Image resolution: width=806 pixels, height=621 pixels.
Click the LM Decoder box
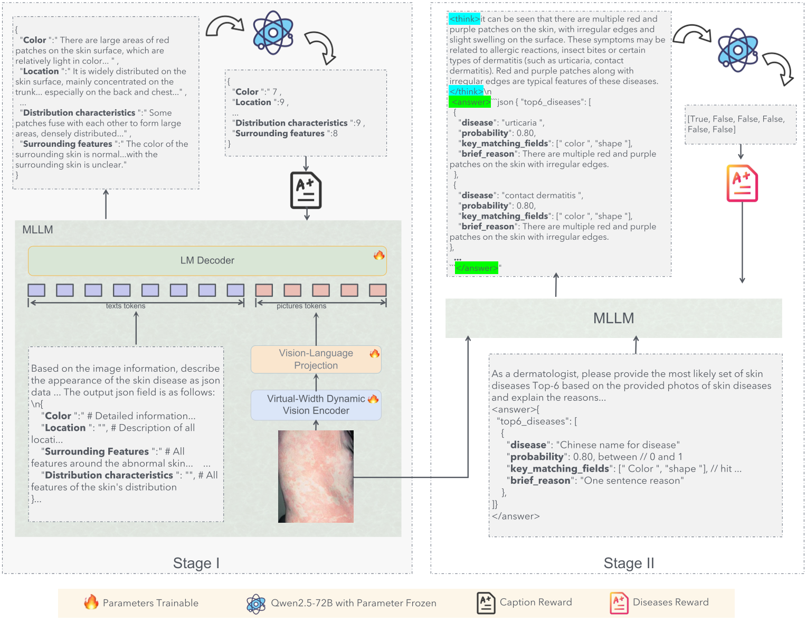click(207, 260)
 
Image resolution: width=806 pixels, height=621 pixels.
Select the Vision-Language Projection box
click(316, 359)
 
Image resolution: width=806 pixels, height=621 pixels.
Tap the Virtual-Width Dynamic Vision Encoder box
click(316, 404)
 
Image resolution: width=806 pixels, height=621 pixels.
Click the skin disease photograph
click(316, 476)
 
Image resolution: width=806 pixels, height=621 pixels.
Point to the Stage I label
click(196, 563)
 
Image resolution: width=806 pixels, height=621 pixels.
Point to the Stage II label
click(629, 563)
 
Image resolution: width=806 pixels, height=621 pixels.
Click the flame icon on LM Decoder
click(379, 255)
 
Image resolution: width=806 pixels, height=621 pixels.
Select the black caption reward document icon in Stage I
click(306, 190)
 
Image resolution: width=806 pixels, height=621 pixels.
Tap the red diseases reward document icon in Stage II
click(742, 183)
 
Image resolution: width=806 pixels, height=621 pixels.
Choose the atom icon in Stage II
click(738, 50)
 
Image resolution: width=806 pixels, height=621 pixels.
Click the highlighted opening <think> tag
click(464, 19)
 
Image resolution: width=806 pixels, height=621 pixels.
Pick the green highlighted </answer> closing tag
click(477, 268)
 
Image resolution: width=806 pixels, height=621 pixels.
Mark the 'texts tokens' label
click(126, 306)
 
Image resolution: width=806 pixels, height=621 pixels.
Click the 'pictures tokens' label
click(301, 306)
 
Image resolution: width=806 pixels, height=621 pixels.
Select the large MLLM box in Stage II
click(613, 318)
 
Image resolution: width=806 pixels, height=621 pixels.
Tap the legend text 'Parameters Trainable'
click(150, 603)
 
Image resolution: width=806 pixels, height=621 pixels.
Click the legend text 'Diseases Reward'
click(670, 603)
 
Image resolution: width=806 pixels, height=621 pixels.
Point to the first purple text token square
click(36, 290)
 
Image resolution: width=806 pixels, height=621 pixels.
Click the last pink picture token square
click(377, 290)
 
